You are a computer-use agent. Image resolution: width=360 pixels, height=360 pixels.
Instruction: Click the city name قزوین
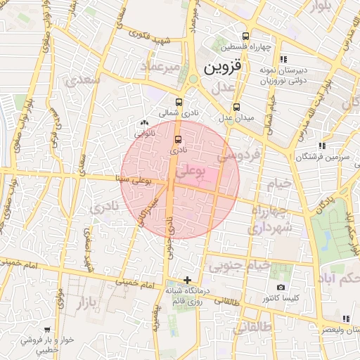click(223, 68)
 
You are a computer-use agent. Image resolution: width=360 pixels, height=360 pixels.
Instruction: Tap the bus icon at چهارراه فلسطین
click(245, 37)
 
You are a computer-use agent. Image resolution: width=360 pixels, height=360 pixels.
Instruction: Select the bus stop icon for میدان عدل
click(236, 108)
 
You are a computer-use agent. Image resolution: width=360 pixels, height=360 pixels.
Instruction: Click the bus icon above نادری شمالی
click(179, 101)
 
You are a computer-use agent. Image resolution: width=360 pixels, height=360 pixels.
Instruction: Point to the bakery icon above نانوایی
click(145, 122)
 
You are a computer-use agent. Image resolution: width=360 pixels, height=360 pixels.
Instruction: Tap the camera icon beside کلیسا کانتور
click(281, 287)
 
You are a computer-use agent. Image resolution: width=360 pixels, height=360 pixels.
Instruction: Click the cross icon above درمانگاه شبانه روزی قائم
click(186, 280)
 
